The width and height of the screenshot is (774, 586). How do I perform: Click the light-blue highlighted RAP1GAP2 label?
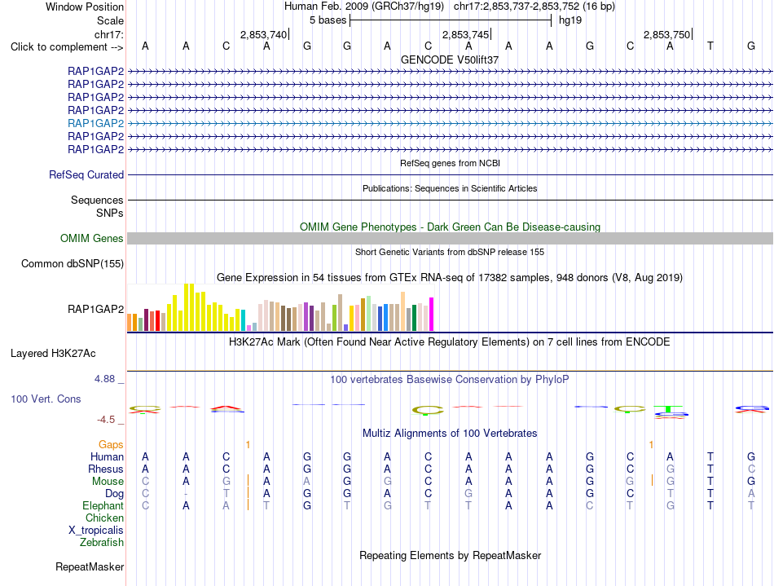[96, 123]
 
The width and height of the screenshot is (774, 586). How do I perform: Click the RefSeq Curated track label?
[86, 174]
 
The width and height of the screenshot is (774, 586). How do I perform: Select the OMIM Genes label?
[92, 239]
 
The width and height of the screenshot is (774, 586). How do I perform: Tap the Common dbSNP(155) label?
[73, 263]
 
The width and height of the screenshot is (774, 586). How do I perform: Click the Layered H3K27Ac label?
[53, 354]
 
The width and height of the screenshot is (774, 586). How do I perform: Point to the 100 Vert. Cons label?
[46, 399]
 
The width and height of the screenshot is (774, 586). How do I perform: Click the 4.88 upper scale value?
[104, 379]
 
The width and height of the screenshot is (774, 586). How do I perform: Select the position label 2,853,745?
[465, 34]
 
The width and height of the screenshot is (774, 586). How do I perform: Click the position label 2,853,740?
[263, 34]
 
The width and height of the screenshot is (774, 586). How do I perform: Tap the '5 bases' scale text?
[328, 20]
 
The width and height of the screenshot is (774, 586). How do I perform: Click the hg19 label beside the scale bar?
[570, 20]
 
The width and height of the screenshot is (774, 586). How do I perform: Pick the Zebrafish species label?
[102, 542]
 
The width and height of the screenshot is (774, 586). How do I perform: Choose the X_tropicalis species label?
[96, 531]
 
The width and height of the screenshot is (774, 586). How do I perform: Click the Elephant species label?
[103, 505]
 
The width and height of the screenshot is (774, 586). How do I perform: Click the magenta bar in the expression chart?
[432, 314]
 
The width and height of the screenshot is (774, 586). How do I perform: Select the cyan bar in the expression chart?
[243, 320]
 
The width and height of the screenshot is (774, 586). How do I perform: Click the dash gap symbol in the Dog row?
[186, 494]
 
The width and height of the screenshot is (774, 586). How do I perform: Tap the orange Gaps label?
[111, 445]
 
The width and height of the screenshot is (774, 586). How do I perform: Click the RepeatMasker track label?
[90, 566]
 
